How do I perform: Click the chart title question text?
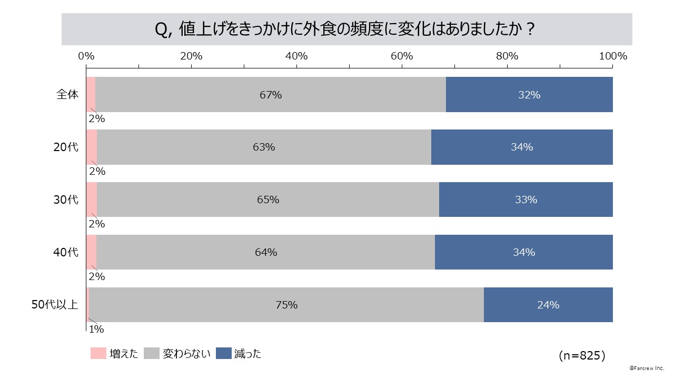(x=346, y=29)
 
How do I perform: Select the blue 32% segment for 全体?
(x=529, y=95)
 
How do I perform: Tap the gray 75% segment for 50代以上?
(x=286, y=305)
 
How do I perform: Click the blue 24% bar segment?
(x=548, y=305)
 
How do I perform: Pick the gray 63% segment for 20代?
(x=264, y=147)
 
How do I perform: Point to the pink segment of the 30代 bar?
(x=92, y=200)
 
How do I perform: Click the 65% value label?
(x=268, y=200)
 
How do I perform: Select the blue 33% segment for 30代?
(x=526, y=200)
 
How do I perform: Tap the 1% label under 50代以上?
(x=96, y=330)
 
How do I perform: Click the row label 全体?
(x=68, y=95)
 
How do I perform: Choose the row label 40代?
(x=66, y=253)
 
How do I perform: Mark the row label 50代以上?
(x=55, y=305)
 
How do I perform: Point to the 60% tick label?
(x=402, y=56)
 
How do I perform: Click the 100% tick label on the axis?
(x=613, y=56)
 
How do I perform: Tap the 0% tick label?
(x=86, y=56)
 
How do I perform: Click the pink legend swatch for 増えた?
(x=98, y=354)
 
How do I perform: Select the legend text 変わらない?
(x=186, y=354)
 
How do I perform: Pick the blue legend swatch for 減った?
(x=224, y=354)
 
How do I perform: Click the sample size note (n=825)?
(x=582, y=356)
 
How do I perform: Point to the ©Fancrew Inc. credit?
(x=647, y=368)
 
